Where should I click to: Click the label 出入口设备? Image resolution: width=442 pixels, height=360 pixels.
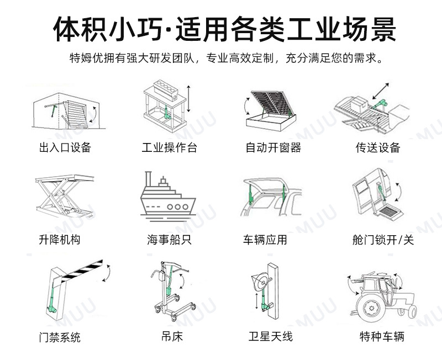click(x=65, y=147)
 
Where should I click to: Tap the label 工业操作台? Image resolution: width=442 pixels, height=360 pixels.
click(x=169, y=147)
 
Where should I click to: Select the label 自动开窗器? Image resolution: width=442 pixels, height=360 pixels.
click(x=273, y=147)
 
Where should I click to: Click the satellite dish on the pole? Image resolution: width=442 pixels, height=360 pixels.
click(x=259, y=282)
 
